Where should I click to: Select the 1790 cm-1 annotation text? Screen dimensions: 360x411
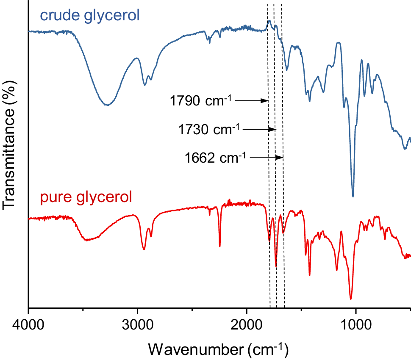[200, 101]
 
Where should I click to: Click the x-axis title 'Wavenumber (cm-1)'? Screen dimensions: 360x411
[218, 349]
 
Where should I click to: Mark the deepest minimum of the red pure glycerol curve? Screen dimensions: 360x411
[351, 299]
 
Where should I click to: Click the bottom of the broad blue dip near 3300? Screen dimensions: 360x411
[108, 105]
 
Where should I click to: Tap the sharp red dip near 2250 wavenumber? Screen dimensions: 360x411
[219, 246]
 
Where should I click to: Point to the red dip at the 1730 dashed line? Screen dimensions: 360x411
[276, 266]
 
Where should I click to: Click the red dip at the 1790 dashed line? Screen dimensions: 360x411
[269, 241]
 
